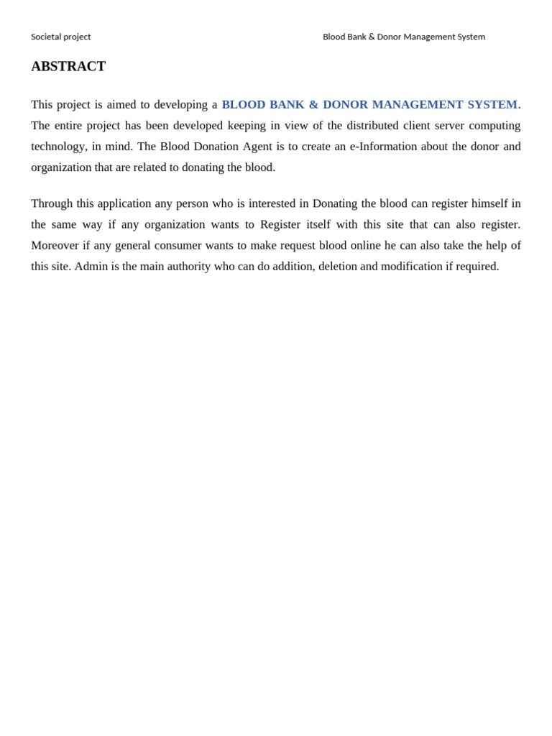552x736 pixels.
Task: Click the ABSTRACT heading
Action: click(x=68, y=66)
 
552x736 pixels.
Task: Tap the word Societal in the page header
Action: click(x=47, y=37)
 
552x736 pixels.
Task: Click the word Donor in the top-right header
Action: click(x=389, y=37)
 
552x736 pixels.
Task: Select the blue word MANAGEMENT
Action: click(x=418, y=105)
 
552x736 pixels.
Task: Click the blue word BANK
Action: click(x=287, y=105)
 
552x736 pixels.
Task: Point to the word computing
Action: click(x=494, y=126)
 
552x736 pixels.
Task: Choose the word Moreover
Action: click(x=54, y=245)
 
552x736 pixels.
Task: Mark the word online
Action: click(x=365, y=245)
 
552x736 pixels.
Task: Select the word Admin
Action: click(x=91, y=266)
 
